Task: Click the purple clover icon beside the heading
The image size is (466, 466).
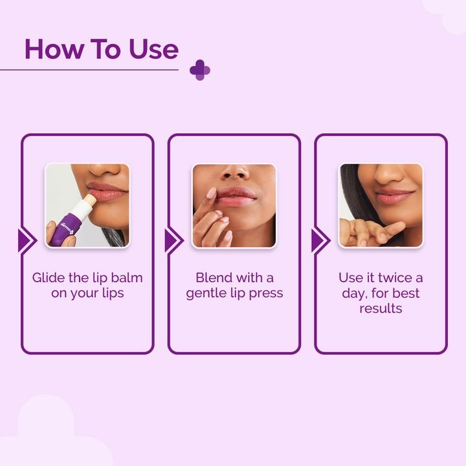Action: [x=200, y=70]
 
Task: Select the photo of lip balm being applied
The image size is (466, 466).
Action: [x=87, y=205]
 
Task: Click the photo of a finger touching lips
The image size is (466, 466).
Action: [x=234, y=205]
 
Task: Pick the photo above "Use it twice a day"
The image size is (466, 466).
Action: [x=381, y=205]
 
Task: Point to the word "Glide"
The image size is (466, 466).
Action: [x=49, y=278]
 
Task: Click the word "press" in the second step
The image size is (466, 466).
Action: [x=266, y=293]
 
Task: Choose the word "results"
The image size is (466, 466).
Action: [x=381, y=309]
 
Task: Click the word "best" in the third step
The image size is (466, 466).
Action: [x=405, y=293]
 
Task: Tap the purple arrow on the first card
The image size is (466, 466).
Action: [x=27, y=241]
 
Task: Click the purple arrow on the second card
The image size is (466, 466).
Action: [x=173, y=241]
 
